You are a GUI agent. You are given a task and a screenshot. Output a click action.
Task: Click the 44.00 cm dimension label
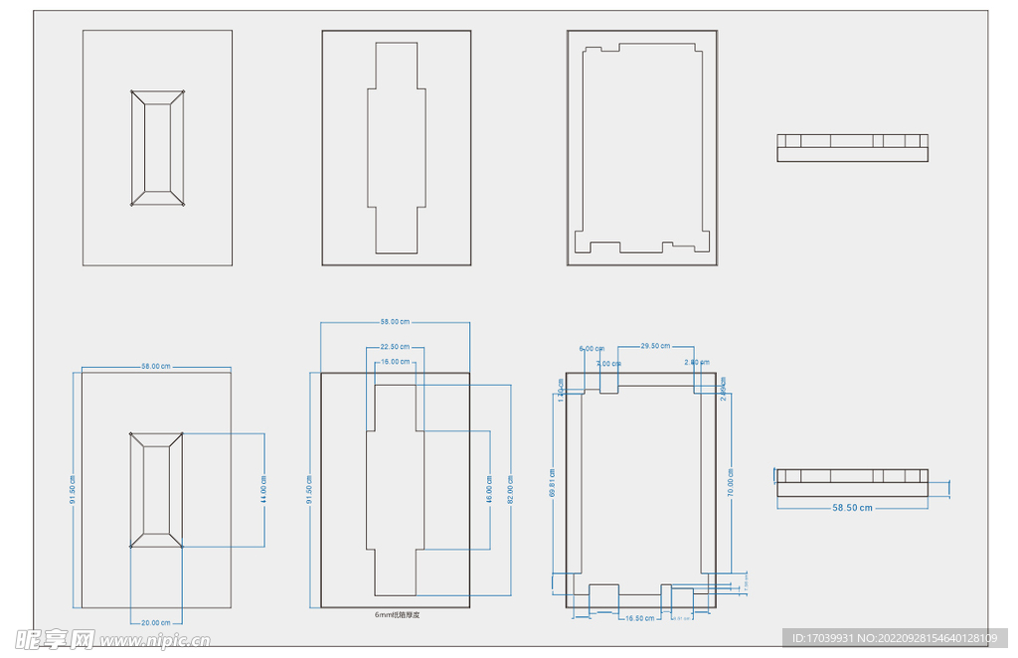(263, 490)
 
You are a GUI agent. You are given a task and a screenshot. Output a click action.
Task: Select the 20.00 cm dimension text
(156, 622)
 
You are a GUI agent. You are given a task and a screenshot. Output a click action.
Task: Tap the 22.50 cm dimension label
(395, 346)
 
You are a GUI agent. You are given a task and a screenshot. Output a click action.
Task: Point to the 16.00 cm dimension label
(395, 362)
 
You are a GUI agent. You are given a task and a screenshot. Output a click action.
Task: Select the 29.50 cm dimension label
(654, 346)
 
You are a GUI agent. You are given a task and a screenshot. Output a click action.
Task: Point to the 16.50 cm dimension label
(639, 617)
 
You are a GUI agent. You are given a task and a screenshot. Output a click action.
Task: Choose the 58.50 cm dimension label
(852, 507)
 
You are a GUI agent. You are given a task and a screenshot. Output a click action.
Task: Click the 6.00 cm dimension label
(591, 349)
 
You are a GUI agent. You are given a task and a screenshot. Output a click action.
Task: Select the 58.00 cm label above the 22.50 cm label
(395, 322)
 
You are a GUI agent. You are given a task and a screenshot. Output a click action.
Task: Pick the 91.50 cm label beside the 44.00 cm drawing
(73, 490)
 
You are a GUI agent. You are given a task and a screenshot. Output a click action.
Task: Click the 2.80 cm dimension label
(697, 363)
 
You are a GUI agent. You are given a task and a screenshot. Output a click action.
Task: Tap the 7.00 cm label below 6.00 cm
(605, 364)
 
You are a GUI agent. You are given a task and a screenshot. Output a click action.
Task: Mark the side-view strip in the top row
(852, 147)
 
